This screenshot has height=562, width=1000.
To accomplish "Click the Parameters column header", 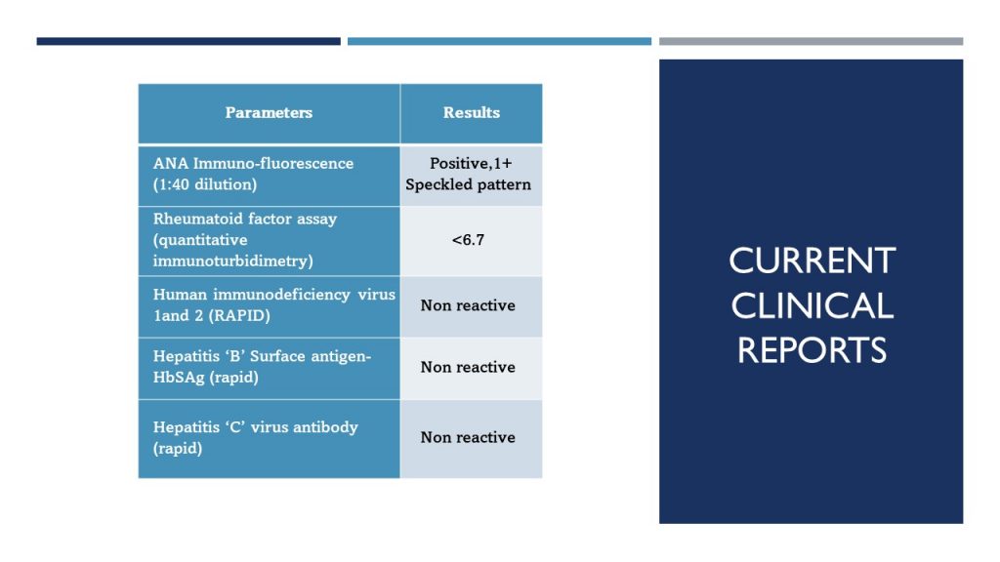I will coord(269,113).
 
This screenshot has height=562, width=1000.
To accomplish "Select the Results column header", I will coord(471,113).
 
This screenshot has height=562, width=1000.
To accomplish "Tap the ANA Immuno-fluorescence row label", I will coord(253,164).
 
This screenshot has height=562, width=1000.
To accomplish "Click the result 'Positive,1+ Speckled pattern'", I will coord(470,175).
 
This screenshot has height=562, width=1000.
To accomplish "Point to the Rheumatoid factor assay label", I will coord(245,220).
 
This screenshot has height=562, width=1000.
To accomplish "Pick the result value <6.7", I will coord(468,240).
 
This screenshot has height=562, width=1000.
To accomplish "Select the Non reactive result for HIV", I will coord(468,306).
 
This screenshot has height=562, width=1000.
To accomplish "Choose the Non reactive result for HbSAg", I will coord(468,368).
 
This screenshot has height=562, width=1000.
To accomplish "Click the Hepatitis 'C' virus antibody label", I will coord(255,427).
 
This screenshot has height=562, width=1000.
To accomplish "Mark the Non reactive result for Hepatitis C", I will coord(468,438).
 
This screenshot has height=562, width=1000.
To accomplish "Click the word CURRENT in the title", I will coord(812,261).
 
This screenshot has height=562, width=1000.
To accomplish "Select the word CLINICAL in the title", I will coord(812,306).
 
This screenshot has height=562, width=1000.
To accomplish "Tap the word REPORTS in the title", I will coord(812,350).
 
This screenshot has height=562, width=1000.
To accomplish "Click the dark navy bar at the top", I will coord(188,41).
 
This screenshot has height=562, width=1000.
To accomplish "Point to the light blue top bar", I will coord(499,41).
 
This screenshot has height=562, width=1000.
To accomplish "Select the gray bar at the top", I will coord(811,41).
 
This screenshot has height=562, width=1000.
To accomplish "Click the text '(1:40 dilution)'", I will coord(204,184).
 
